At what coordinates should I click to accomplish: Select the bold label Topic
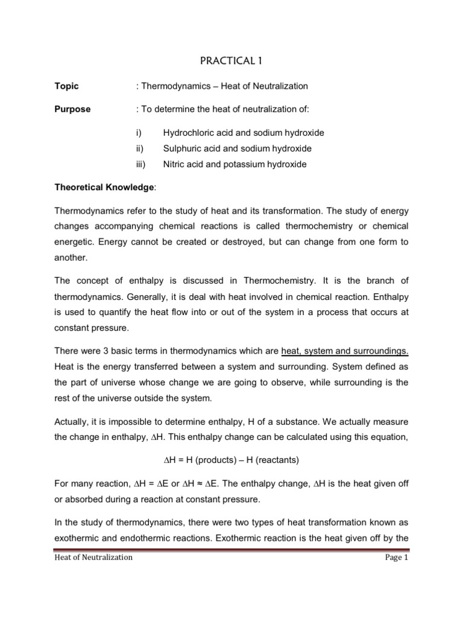coord(66,86)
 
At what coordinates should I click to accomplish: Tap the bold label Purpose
coord(72,109)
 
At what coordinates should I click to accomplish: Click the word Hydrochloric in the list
coord(186,133)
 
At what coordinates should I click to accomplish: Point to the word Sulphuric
coord(180,148)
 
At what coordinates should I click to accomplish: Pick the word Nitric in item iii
coord(173,164)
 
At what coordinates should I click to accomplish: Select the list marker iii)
coord(142,164)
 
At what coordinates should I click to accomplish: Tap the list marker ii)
coord(142,148)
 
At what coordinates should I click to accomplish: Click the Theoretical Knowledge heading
coord(105,188)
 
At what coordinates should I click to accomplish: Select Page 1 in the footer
coord(397,558)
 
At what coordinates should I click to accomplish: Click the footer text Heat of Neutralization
coord(93,558)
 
